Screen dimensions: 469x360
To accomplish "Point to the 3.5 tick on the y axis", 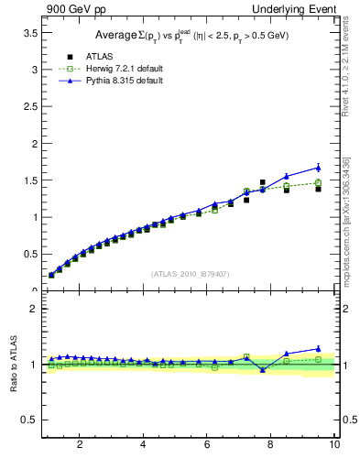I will tap(29, 32).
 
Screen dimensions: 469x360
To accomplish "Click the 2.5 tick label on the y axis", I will tap(29, 106).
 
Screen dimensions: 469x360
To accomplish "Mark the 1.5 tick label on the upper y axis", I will tap(29, 180).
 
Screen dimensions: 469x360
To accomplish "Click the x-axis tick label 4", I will tap(144, 444).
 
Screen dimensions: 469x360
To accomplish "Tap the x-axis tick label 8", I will tap(271, 444).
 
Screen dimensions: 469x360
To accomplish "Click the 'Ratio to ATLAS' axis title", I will tap(13, 364).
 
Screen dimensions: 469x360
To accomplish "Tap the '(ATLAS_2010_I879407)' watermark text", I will tap(191, 273).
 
